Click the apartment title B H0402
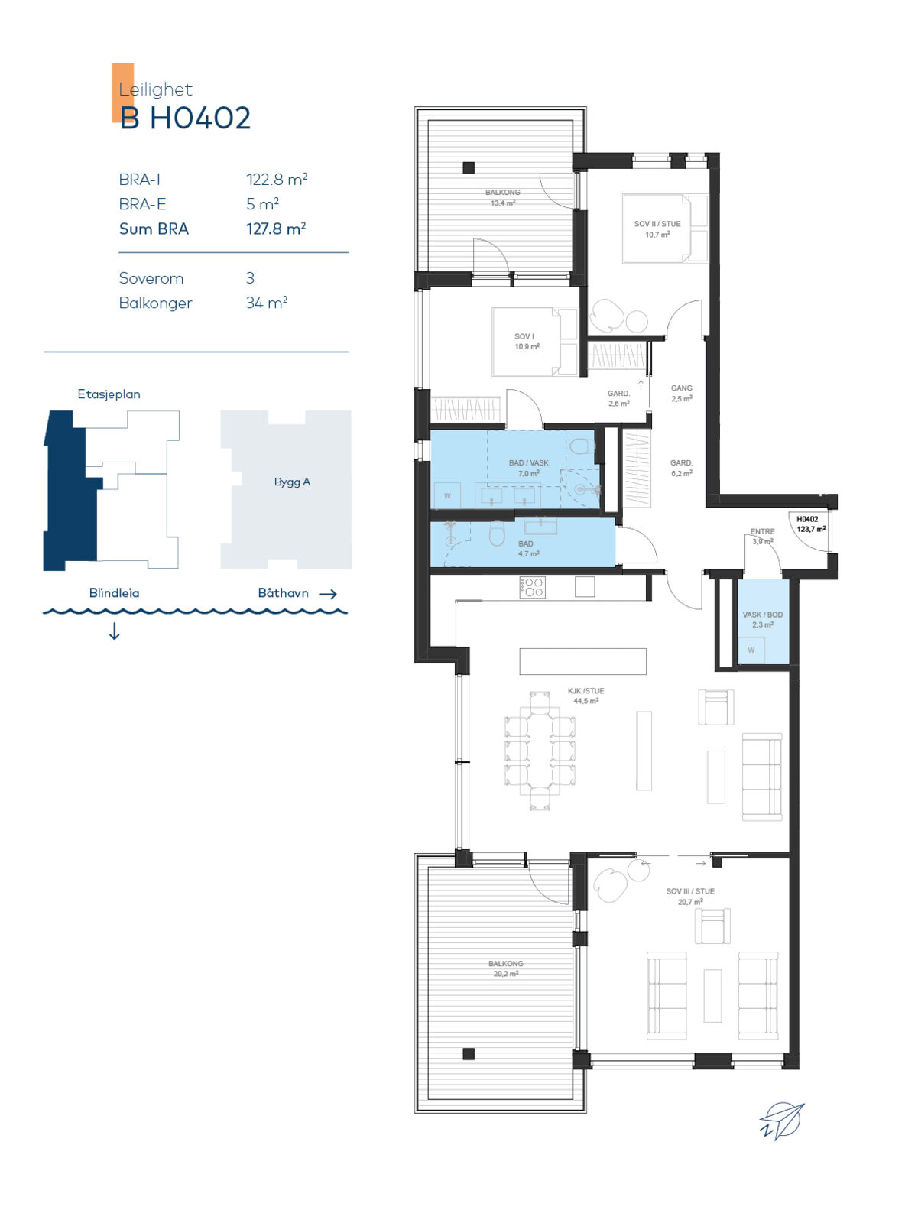click(x=185, y=118)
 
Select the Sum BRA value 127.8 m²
click(x=276, y=229)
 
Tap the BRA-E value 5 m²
click(x=262, y=204)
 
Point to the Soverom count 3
click(x=250, y=278)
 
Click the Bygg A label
click(x=292, y=482)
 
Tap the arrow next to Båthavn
click(x=328, y=594)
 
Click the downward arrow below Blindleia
click(x=114, y=631)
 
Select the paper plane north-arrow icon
click(x=783, y=1121)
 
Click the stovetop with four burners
click(x=532, y=587)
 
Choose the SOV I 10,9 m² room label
click(x=527, y=342)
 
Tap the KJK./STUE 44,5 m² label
click(x=586, y=696)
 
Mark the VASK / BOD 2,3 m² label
click(x=762, y=620)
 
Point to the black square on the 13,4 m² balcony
click(x=469, y=167)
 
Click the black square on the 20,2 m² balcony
click(x=469, y=1053)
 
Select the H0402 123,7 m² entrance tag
click(x=810, y=524)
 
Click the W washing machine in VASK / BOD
click(x=751, y=650)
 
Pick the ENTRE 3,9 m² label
click(x=762, y=536)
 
